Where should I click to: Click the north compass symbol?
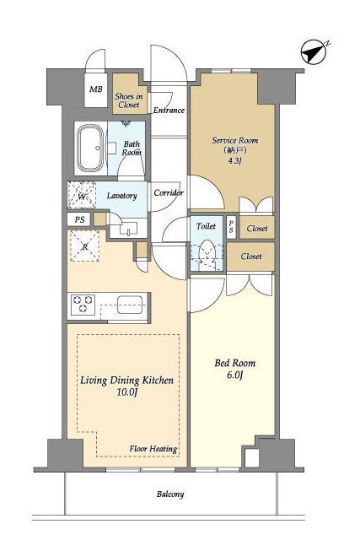pos(314,53)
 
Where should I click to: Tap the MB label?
pos(96,89)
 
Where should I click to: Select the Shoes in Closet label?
pos(129,100)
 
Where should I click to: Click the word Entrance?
pos(169,111)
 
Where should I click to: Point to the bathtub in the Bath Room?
pos(90,148)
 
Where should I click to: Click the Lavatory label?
pos(122,196)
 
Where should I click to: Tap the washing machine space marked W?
pos(82,195)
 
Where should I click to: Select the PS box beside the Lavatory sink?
pos(79,219)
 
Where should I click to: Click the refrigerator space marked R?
pos(84,246)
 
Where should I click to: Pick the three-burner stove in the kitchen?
pos(83,305)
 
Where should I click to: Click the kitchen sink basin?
pos(130,305)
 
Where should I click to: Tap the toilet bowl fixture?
pos(207,253)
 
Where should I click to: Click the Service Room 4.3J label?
pos(235,150)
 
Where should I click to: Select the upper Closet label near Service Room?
pos(257,229)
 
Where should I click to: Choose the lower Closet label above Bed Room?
pos(251,256)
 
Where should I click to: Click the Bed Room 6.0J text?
pos(235,369)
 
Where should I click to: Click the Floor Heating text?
pos(153,449)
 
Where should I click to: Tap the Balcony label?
pos(170,494)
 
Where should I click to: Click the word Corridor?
pos(169,193)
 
